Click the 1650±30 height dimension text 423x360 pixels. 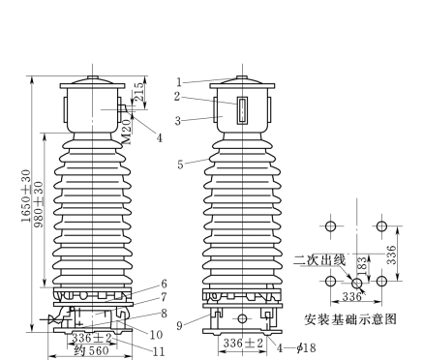27,195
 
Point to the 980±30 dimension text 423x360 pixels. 39,204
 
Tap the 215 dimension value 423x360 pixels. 138,92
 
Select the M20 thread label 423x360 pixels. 128,132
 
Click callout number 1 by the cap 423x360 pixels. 179,82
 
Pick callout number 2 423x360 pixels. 177,96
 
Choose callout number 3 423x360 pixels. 178,121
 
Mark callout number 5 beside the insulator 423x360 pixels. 180,165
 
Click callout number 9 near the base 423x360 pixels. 180,325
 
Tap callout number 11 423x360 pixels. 159,351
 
